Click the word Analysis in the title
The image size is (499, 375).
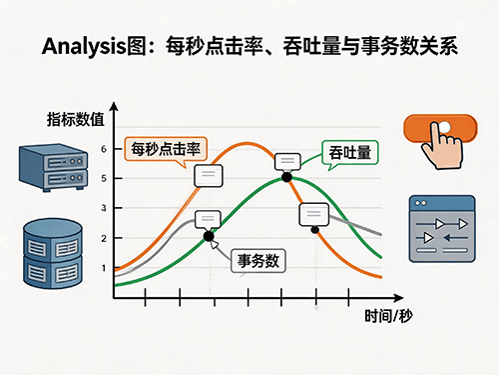coord(84,46)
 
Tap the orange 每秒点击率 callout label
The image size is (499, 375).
coord(166,149)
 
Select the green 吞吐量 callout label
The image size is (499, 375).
coord(350,152)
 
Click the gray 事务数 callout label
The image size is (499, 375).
coord(258,260)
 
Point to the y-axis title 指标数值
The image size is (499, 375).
coord(76,119)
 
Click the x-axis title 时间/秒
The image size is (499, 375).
coord(388,316)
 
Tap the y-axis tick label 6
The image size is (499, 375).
coord(104,149)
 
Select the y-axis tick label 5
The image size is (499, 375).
coord(104,179)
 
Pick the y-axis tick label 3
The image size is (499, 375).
coord(104,208)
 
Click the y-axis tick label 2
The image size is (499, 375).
coord(104,238)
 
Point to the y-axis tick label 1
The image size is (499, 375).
coord(104,268)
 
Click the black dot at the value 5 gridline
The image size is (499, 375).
coord(286,177)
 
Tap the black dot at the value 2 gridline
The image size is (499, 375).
coord(209,236)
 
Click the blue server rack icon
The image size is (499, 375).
coord(53,167)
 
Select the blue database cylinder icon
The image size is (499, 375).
coord(53,253)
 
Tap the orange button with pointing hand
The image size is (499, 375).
coord(440,141)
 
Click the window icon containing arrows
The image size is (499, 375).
coord(442,229)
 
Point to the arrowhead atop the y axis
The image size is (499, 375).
coord(114,106)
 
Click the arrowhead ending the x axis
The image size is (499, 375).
coord(398,298)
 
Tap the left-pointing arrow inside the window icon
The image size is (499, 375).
coord(455,238)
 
